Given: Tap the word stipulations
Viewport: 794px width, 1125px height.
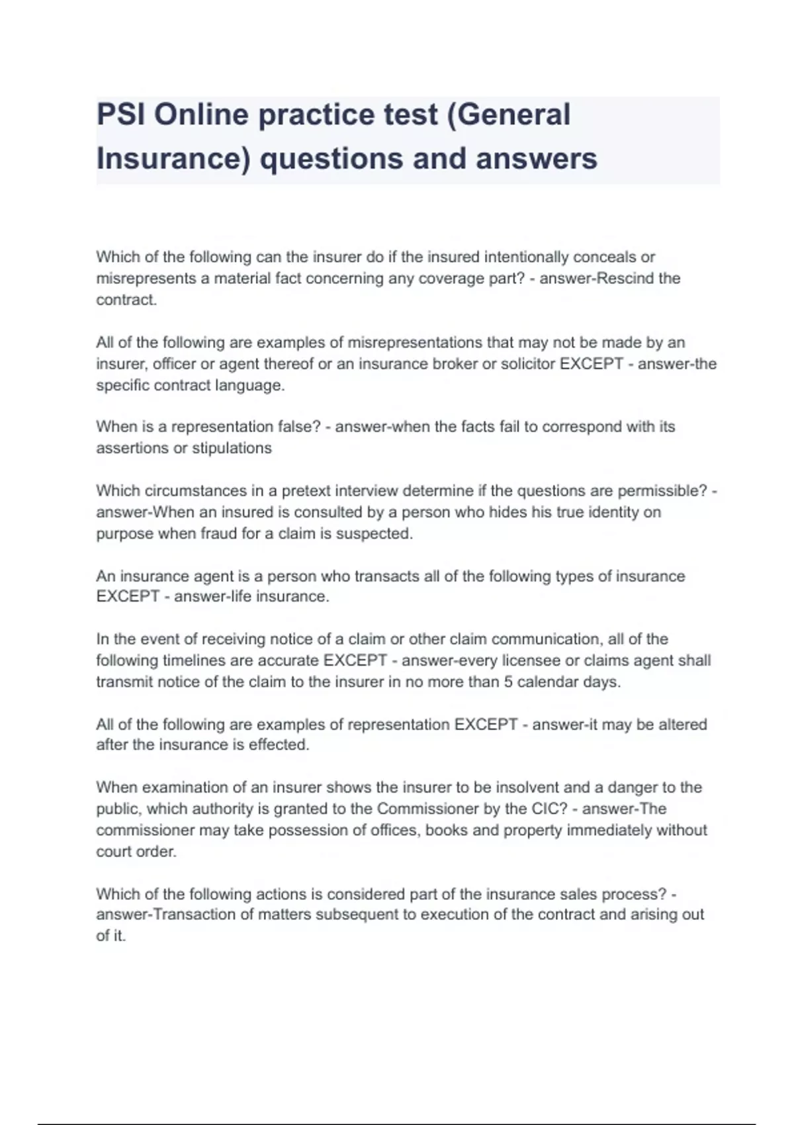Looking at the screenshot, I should [x=232, y=448].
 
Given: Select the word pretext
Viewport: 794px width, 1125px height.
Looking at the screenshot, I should [x=306, y=491].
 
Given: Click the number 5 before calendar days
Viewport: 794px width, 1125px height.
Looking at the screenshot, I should [x=508, y=682].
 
